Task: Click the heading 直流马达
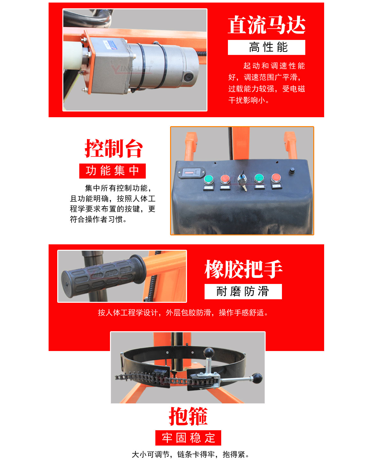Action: click(x=266, y=25)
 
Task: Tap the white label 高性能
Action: click(x=266, y=47)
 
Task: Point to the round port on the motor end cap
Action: click(x=188, y=77)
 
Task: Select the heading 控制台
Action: click(x=113, y=149)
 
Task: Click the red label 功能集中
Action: click(x=113, y=171)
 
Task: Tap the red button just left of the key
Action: click(x=225, y=179)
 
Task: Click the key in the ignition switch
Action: click(x=243, y=182)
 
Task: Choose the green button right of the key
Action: click(x=259, y=178)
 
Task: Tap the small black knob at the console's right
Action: click(x=292, y=171)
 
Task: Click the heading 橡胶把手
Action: click(x=243, y=269)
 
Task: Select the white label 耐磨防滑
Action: click(x=243, y=291)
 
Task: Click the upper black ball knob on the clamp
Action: click(x=208, y=353)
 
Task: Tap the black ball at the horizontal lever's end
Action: click(x=257, y=378)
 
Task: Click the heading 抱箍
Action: click(x=188, y=416)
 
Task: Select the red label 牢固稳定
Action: click(x=188, y=438)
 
